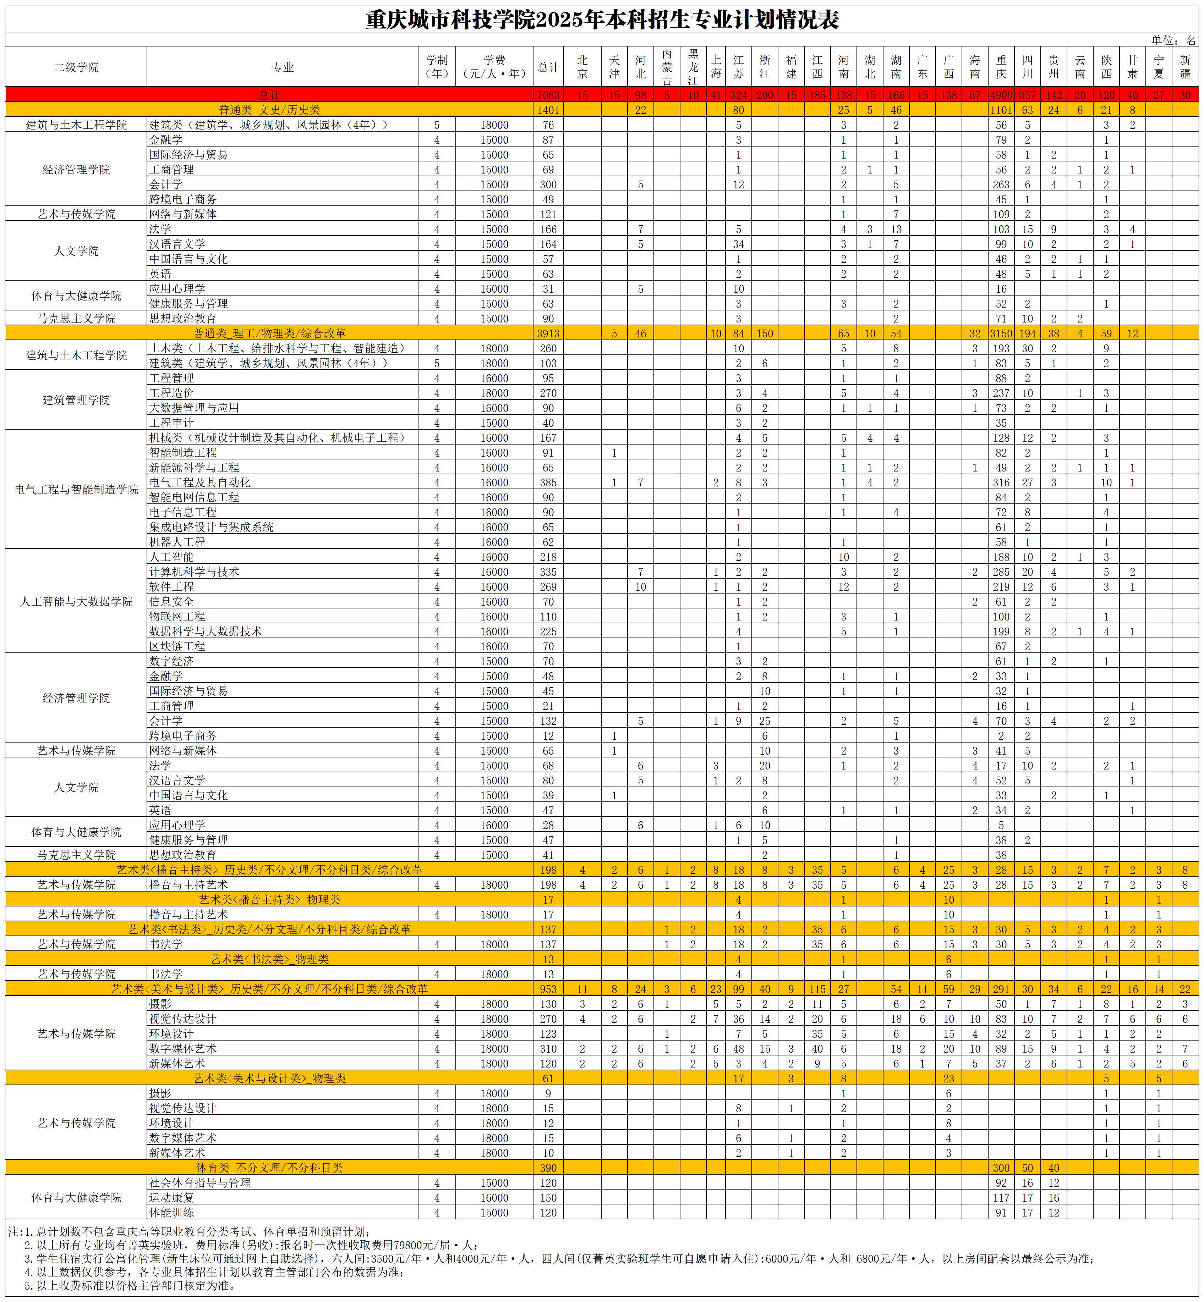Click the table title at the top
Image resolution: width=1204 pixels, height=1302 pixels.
coord(602,20)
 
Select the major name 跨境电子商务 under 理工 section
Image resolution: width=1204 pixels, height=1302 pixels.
coord(183,735)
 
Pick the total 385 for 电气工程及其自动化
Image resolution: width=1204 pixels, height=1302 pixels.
coord(548,482)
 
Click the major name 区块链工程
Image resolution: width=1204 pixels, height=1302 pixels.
coord(177,646)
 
